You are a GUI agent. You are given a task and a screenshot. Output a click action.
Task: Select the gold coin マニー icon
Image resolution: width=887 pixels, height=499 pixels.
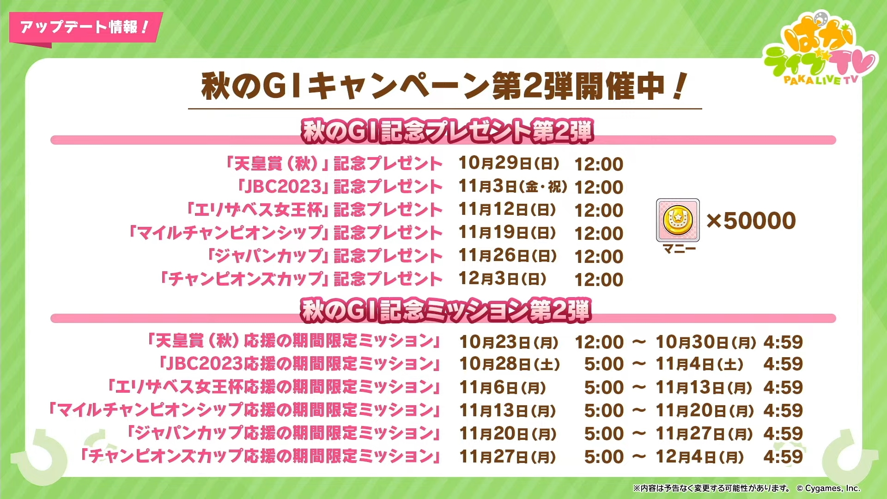click(x=678, y=220)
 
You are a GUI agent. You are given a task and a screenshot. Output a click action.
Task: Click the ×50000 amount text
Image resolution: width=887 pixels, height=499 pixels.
click(x=751, y=220)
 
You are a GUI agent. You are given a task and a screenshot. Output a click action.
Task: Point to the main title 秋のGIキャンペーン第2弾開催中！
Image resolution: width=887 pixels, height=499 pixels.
click(x=444, y=86)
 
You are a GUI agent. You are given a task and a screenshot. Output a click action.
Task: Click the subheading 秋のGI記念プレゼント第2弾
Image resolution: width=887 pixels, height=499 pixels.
click(x=447, y=131)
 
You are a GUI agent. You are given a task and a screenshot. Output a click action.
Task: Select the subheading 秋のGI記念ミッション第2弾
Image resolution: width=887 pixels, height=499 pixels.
click(x=446, y=310)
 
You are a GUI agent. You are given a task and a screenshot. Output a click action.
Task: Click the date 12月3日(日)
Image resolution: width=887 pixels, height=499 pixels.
click(x=503, y=279)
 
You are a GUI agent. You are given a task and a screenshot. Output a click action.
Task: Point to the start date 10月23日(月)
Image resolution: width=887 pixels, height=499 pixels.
click(x=509, y=342)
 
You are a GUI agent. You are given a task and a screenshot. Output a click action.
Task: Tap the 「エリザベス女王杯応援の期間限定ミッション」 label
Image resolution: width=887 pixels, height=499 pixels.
click(x=273, y=387)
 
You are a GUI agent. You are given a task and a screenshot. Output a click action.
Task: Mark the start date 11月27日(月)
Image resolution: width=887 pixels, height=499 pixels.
click(x=508, y=457)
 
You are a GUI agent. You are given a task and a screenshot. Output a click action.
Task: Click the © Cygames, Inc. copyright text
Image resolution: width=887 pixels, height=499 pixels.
click(x=828, y=488)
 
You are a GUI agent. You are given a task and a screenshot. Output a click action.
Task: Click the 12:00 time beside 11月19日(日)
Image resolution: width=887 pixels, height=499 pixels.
click(x=599, y=233)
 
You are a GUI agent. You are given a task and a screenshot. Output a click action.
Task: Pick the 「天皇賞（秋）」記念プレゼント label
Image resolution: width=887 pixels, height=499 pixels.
click(x=333, y=164)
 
